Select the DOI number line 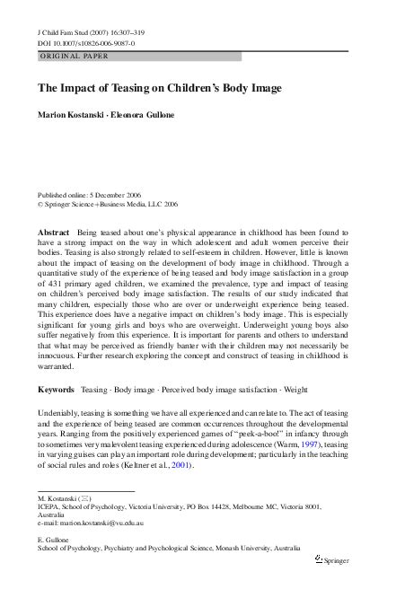click(81, 44)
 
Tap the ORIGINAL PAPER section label click(73, 57)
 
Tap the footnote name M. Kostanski click(59, 522)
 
